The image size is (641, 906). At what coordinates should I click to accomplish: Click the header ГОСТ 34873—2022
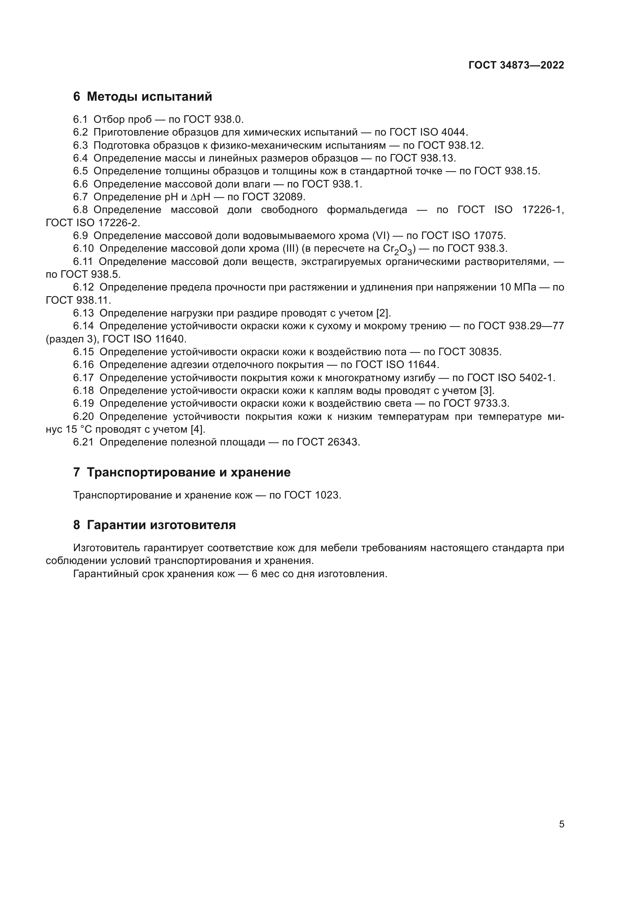click(x=516, y=65)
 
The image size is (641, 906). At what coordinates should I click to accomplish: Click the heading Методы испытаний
click(x=149, y=96)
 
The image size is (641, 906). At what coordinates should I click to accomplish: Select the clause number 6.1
click(x=80, y=119)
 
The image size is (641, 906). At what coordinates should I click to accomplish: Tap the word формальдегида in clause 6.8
click(x=367, y=210)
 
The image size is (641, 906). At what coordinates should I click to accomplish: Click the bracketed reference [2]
click(x=383, y=313)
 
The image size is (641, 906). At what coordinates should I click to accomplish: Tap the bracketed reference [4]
click(x=198, y=429)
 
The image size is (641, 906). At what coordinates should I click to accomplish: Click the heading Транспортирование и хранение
click(x=188, y=472)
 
